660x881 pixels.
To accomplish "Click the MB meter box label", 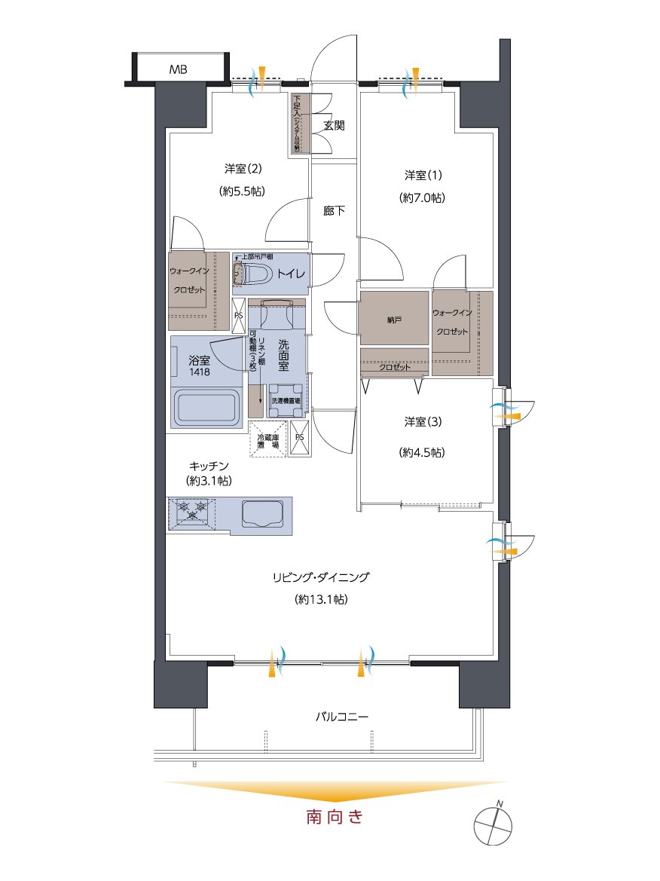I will pos(178,70).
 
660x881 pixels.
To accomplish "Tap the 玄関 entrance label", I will pos(335,125).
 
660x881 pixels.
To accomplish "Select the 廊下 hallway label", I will pos(335,211).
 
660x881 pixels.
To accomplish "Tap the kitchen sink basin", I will pos(264,514).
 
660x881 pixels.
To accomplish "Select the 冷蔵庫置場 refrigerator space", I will pos(267,440).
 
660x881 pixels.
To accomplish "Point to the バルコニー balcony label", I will pos(341,716).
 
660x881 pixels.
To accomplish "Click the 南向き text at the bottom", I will pos(335,816).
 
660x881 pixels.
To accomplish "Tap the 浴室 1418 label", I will pos(200,366).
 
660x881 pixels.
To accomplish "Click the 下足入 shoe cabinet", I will pos(297,124).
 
